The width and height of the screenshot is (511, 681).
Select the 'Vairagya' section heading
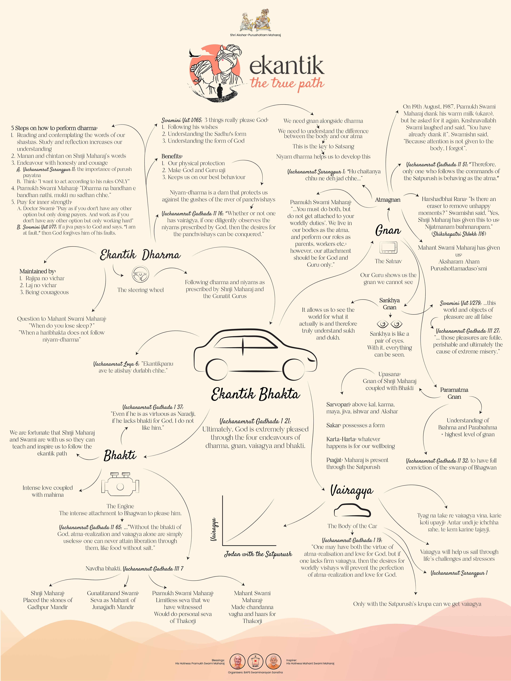pos(352,491)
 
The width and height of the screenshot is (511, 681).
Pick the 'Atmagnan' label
pos(388,200)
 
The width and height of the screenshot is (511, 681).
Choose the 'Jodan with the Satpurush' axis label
pos(258,554)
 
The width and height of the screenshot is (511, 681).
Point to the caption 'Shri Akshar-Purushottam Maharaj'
pos(255,35)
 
